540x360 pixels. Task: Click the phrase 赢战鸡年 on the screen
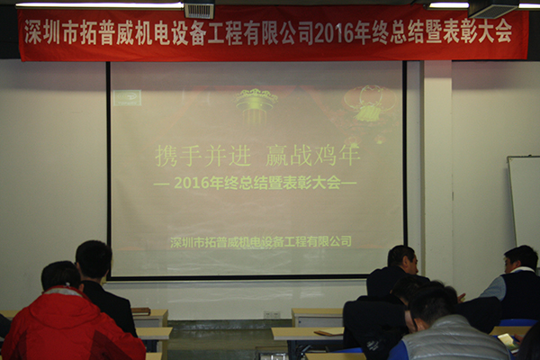pyautogui.click(x=312, y=156)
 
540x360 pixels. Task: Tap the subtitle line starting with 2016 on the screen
pyautogui.click(x=255, y=183)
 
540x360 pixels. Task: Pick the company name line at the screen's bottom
pyautogui.click(x=261, y=241)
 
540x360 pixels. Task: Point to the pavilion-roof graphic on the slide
pyautogui.click(x=256, y=103)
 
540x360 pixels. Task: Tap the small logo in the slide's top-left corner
pyautogui.click(x=127, y=97)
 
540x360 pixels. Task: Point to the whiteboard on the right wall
pyautogui.click(x=524, y=202)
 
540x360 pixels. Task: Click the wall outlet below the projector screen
pyautogui.click(x=272, y=315)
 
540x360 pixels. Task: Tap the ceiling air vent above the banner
pyautogui.click(x=199, y=10)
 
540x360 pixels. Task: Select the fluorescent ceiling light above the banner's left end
pyautogui.click(x=99, y=4)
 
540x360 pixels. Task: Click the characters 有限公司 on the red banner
pyautogui.click(x=279, y=33)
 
